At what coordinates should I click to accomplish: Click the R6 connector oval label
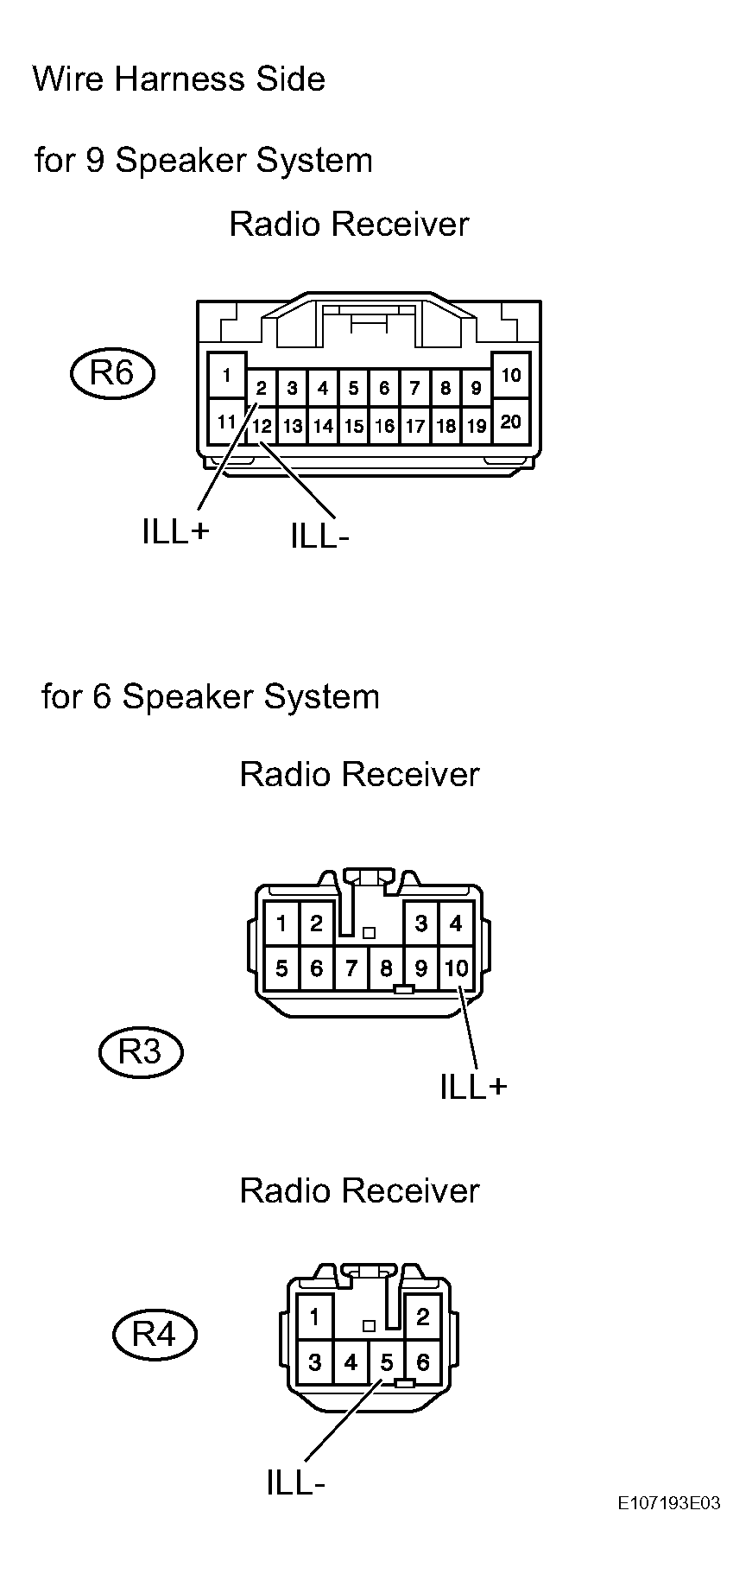point(112,374)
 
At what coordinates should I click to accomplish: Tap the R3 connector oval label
point(140,1051)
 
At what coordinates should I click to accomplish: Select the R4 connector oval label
point(155,1335)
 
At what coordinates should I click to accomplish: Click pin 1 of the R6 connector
point(226,375)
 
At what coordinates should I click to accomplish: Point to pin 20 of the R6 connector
point(510,422)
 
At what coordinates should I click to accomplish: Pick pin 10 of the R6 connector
point(510,375)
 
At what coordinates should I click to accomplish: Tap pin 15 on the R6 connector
point(353,426)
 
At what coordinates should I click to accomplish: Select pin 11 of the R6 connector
point(226,422)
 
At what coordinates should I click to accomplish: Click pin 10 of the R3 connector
point(456,968)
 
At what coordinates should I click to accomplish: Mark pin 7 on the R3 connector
point(351,968)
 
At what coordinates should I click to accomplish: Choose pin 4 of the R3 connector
point(456,924)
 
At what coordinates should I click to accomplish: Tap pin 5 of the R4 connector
point(386,1362)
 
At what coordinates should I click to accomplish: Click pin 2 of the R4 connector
point(422,1317)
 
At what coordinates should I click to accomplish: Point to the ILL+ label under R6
point(176,532)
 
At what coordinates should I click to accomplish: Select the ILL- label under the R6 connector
point(319,536)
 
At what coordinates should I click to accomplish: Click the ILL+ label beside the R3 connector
point(473,1087)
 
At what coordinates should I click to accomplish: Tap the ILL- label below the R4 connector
point(295,1483)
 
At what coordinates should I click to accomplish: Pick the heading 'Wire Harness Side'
point(179,79)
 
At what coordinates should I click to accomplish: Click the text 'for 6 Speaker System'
point(211,696)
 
